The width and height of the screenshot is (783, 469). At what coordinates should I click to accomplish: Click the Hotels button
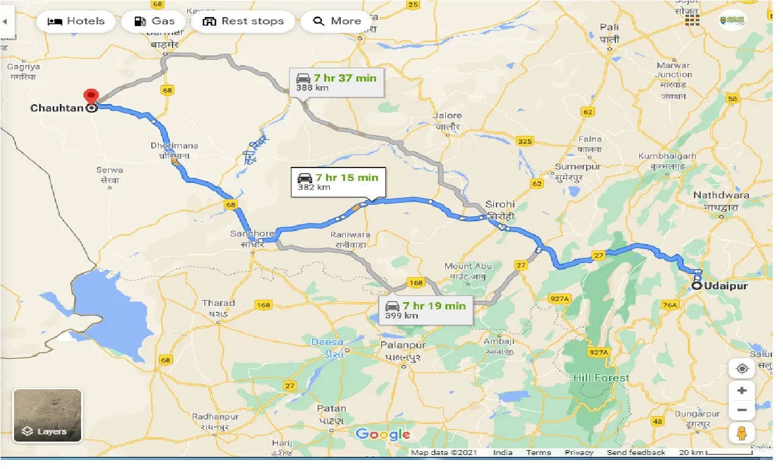(76, 21)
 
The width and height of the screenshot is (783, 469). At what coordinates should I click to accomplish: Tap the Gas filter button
(154, 21)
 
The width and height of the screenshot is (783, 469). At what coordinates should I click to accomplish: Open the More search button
(337, 21)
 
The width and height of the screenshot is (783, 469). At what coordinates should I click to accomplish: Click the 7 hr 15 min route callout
(338, 182)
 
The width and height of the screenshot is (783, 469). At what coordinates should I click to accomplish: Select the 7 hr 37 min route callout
(336, 82)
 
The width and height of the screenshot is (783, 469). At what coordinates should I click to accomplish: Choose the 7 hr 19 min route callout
(425, 310)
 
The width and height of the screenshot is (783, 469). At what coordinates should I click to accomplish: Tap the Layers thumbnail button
(47, 415)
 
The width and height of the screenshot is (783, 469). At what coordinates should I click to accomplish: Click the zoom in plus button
(742, 390)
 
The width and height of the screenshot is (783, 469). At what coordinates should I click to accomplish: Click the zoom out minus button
(742, 410)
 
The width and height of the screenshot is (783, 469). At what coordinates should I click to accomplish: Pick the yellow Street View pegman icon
(742, 433)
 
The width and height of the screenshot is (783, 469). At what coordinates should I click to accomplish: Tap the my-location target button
(742, 368)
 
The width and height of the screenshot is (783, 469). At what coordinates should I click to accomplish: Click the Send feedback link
(636, 453)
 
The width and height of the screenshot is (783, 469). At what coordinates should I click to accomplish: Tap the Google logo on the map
(382, 434)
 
